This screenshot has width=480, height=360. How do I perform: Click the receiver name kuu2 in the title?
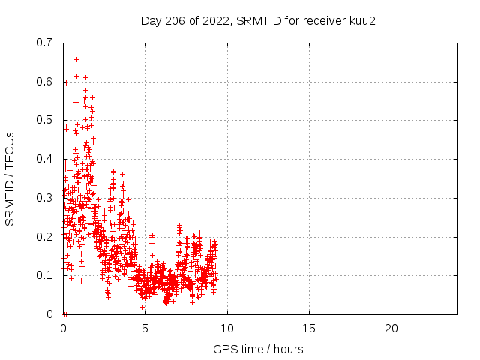pos(361,20)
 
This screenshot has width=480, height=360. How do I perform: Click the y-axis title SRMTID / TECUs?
pos(10,178)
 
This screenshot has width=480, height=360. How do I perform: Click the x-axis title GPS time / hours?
pos(258,349)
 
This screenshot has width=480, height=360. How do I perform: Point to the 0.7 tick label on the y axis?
pos(44,42)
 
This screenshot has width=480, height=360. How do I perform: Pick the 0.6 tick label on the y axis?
pos(44,81)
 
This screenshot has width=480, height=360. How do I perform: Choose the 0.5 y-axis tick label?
pos(44,120)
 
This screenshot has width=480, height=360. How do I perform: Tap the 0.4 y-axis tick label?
pos(44,159)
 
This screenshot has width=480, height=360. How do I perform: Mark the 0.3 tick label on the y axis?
pos(44,198)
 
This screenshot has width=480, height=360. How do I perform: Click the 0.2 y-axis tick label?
pos(44,237)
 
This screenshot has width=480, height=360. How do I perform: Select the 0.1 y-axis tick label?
pos(44,275)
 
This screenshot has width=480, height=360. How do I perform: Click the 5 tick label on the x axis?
pos(145,328)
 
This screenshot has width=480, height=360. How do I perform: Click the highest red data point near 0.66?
pos(76,59)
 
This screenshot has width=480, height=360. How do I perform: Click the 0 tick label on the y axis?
pos(50,314)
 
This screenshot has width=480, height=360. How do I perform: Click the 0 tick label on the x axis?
pos(63,328)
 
